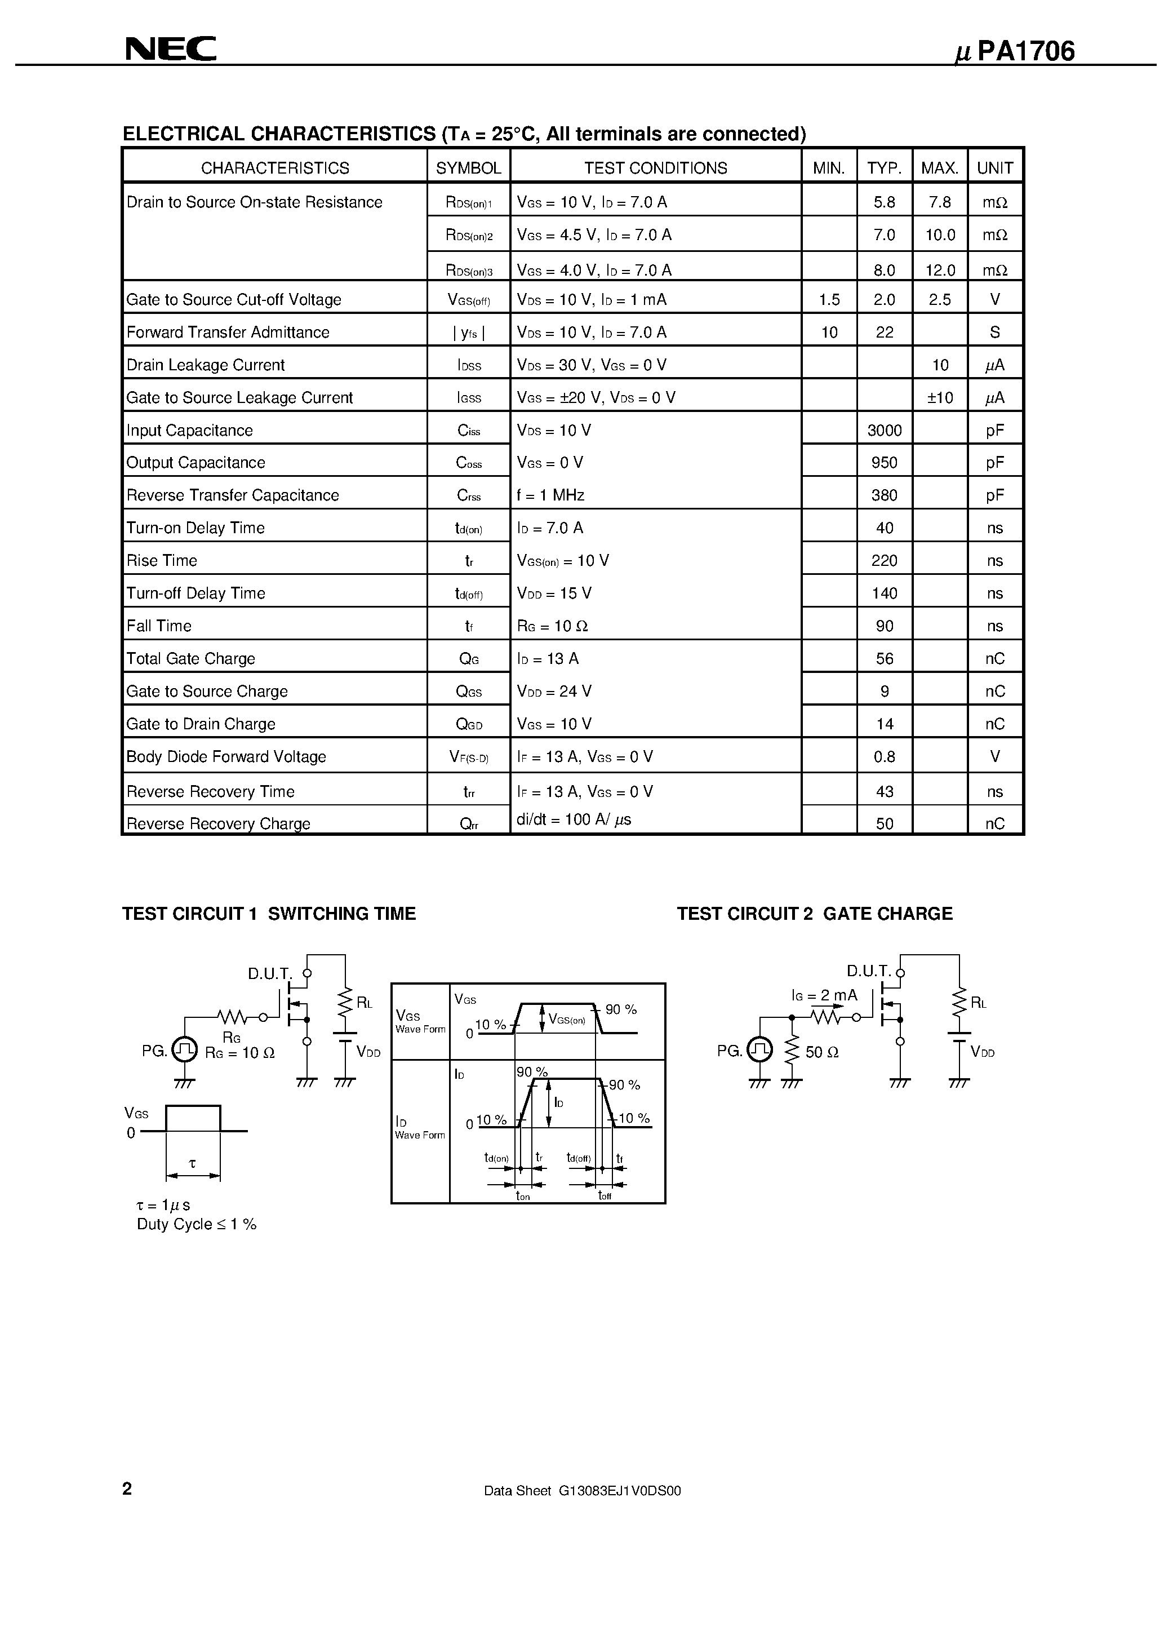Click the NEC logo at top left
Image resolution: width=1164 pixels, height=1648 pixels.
pyautogui.click(x=171, y=49)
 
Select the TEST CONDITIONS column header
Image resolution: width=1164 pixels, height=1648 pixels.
pyautogui.click(x=655, y=168)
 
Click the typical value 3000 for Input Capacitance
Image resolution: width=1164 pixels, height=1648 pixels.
pyautogui.click(x=884, y=430)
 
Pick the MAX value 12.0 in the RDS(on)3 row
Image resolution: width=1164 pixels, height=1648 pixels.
pyautogui.click(x=939, y=270)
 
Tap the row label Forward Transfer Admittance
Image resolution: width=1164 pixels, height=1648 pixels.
pyautogui.click(x=228, y=333)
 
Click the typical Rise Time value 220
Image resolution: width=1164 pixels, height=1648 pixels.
pyautogui.click(x=884, y=561)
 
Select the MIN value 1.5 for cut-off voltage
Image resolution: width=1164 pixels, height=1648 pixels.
pyautogui.click(x=829, y=299)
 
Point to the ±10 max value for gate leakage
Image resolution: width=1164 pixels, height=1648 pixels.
pyautogui.click(x=939, y=398)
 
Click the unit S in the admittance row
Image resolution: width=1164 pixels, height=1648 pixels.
pyautogui.click(x=994, y=333)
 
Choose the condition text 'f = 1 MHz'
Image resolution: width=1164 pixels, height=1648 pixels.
pyautogui.click(x=550, y=495)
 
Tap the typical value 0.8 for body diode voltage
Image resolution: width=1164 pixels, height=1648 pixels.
pyautogui.click(x=884, y=756)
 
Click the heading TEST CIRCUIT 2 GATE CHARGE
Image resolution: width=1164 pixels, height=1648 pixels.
pyautogui.click(x=815, y=914)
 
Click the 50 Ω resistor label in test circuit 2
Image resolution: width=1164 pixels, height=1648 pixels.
pyautogui.click(x=821, y=1052)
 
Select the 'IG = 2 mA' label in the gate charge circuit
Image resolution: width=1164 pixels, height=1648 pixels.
pyautogui.click(x=824, y=995)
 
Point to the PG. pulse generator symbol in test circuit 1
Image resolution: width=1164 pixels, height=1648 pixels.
pyautogui.click(x=184, y=1050)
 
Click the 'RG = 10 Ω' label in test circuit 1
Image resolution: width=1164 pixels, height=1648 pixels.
pyautogui.click(x=239, y=1053)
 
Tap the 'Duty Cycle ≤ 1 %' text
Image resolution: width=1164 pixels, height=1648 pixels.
pyautogui.click(x=197, y=1225)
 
